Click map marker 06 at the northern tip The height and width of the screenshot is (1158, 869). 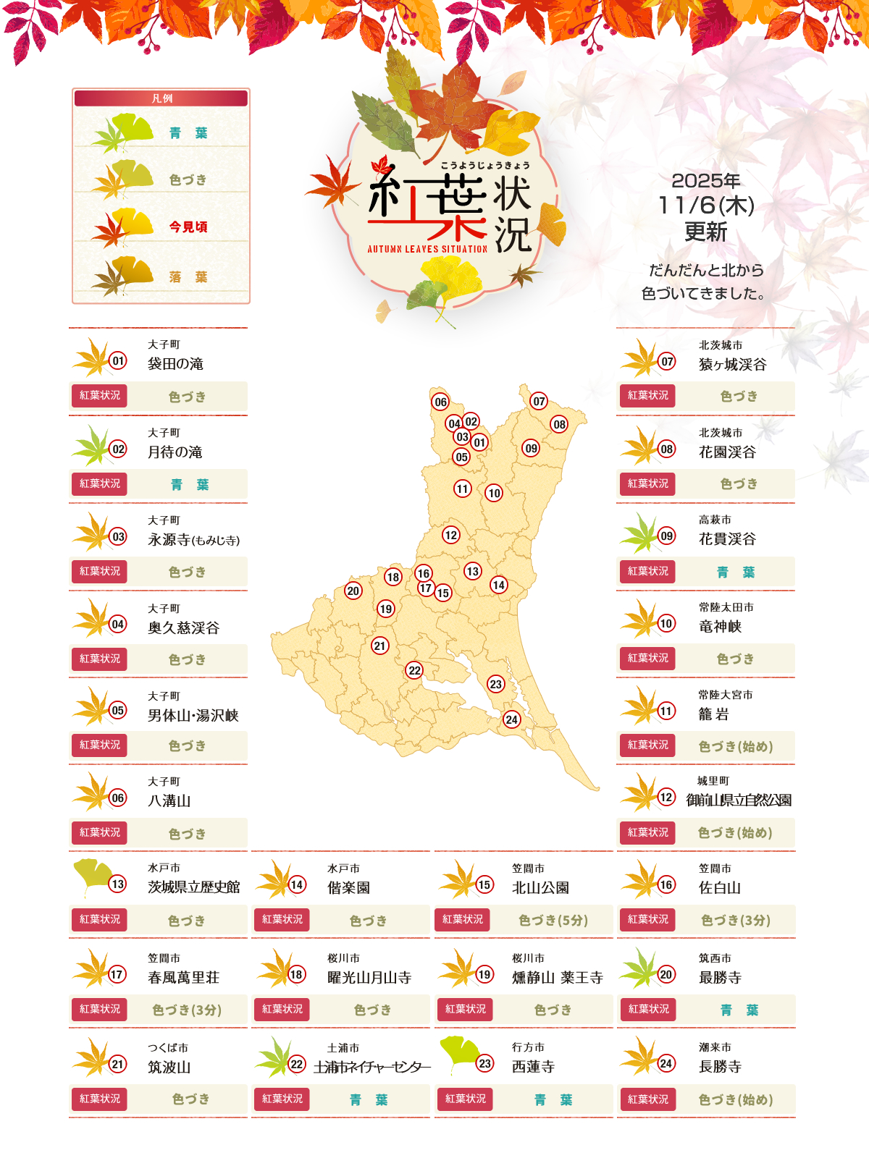click(x=440, y=402)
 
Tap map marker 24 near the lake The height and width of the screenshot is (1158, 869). click(x=512, y=719)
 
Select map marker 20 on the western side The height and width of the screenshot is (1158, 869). click(x=353, y=591)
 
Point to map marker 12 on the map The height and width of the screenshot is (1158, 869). click(x=451, y=535)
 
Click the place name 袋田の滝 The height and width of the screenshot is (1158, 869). click(x=175, y=363)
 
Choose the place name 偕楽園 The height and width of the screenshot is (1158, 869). click(x=348, y=887)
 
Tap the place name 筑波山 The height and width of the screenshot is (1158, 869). click(x=169, y=1067)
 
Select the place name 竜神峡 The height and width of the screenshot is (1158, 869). click(x=720, y=626)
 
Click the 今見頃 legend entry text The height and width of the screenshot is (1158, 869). click(x=188, y=227)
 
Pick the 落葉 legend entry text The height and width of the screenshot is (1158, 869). click(x=188, y=276)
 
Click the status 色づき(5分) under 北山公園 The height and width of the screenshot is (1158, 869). click(x=553, y=920)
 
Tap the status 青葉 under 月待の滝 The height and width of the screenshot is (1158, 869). click(x=189, y=484)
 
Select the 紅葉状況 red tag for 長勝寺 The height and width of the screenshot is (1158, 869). click(x=649, y=1099)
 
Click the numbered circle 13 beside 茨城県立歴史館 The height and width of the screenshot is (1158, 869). click(x=117, y=884)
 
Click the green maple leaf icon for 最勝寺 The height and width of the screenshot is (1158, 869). click(x=637, y=968)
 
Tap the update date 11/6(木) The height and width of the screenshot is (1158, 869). click(x=706, y=206)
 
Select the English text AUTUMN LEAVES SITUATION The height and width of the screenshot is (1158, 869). click(x=427, y=249)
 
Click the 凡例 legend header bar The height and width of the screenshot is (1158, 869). click(x=161, y=98)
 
